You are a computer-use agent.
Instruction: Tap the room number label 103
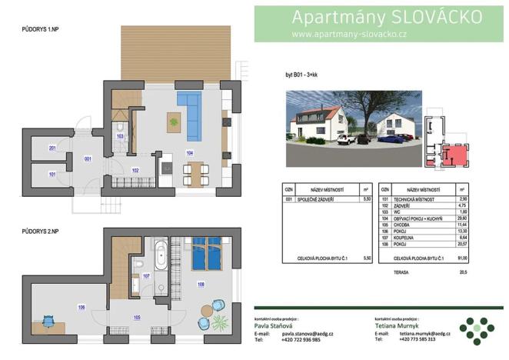[x=120, y=136]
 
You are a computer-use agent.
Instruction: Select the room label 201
[x=52, y=147]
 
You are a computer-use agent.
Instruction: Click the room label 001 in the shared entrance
[x=88, y=158]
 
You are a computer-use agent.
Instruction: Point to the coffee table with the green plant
[x=174, y=120]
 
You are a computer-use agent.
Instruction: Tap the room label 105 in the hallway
[x=136, y=316]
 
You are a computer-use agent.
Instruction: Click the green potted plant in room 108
[x=218, y=322]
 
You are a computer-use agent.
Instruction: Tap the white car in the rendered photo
[x=344, y=139]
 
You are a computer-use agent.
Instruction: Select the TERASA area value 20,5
[x=461, y=271]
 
